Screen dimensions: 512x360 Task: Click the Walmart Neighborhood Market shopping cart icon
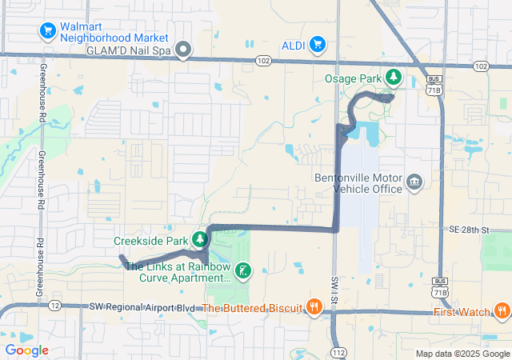tap(47, 32)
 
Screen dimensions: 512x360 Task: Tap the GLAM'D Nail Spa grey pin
tap(183, 50)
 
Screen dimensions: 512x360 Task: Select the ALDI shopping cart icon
tap(318, 45)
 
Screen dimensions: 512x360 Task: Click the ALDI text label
tap(293, 46)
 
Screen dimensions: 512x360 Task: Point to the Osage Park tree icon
tap(394, 77)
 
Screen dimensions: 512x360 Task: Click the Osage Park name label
tap(354, 78)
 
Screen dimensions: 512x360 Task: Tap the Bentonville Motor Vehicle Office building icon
tap(414, 182)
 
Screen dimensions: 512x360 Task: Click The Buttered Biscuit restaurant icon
tap(314, 306)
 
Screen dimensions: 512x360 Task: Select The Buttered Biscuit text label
tap(252, 308)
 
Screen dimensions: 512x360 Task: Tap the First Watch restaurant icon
tap(502, 311)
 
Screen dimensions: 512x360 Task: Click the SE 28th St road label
tap(468, 230)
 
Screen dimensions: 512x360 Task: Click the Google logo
tap(26, 350)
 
